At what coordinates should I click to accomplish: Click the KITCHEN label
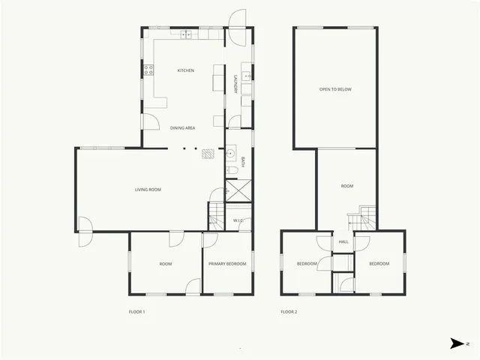[185, 70]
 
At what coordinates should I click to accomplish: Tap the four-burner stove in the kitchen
[148, 70]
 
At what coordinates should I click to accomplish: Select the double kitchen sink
[184, 34]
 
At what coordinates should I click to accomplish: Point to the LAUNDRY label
[235, 83]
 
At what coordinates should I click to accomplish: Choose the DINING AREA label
[183, 128]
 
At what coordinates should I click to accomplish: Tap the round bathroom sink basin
[231, 156]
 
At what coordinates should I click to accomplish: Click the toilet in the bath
[232, 172]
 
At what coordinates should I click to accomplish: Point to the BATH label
[243, 162]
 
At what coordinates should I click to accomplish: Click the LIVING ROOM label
[148, 190]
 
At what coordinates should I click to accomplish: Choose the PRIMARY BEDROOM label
[227, 264]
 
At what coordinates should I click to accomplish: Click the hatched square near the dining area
[207, 155]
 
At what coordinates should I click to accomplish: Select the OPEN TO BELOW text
[335, 89]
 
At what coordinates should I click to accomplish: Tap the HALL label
[343, 242]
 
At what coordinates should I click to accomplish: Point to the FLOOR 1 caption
[136, 311]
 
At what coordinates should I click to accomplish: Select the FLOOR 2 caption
[289, 311]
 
